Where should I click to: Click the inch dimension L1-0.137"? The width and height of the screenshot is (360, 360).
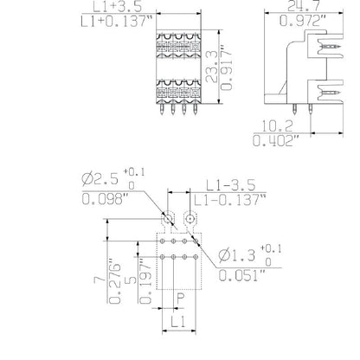pyautogui.click(x=236, y=198)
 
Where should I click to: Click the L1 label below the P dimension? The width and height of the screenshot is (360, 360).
pyautogui.click(x=178, y=322)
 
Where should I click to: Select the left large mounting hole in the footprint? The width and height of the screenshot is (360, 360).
pyautogui.click(x=168, y=217)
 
